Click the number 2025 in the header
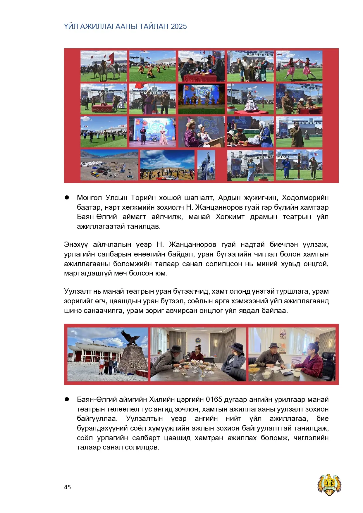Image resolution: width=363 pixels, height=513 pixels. click(x=179, y=27)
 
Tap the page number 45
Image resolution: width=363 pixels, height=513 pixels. click(x=67, y=487)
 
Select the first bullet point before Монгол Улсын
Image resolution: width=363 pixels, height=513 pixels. click(x=67, y=198)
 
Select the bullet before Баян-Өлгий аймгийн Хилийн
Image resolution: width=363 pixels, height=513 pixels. click(x=67, y=399)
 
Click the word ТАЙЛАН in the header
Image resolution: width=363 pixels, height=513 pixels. click(x=154, y=27)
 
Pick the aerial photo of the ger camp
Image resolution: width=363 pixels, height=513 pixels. click(x=109, y=165)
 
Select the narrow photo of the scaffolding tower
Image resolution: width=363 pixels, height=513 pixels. click(x=206, y=165)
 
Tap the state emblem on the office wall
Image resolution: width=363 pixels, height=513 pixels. click(x=199, y=341)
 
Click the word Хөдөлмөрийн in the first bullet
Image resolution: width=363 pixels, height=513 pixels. click(x=305, y=198)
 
